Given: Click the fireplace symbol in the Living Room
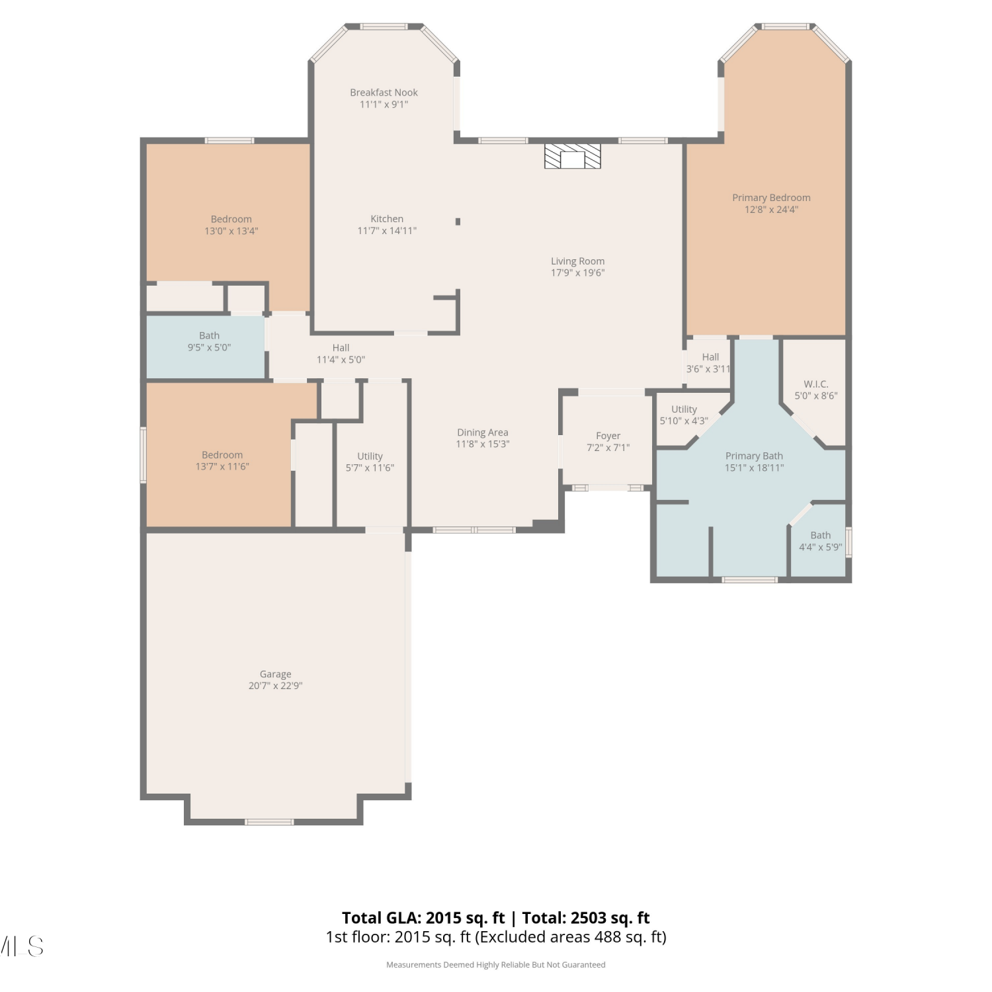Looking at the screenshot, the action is (x=573, y=156).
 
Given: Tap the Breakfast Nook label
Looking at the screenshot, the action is (x=384, y=93).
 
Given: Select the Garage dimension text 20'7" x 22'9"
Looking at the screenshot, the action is (x=275, y=686).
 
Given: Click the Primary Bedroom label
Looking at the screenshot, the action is (x=771, y=198).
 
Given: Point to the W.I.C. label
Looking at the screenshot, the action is (x=816, y=384).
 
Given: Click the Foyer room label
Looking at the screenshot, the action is (x=608, y=436).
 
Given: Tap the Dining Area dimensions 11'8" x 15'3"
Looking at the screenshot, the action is (x=483, y=444).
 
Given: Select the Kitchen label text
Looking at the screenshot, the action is (x=387, y=219).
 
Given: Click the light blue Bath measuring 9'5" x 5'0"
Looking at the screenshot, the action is (x=206, y=347).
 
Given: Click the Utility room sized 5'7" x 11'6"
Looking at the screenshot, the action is (x=371, y=456).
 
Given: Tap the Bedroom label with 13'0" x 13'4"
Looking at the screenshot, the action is (x=231, y=220).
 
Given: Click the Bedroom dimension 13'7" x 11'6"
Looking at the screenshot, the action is (x=222, y=467).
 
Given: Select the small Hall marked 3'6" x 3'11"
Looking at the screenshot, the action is (x=709, y=363).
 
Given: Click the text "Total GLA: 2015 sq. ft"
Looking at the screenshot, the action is (x=423, y=918).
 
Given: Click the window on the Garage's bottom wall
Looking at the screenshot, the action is (x=269, y=822).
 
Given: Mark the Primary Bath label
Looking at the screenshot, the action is (x=754, y=456).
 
